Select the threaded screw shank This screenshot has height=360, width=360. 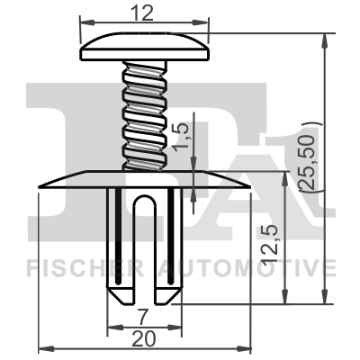tap(145, 112)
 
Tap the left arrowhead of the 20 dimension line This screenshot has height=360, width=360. tap(43, 350)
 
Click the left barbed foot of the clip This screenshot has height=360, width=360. tap(119, 291)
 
